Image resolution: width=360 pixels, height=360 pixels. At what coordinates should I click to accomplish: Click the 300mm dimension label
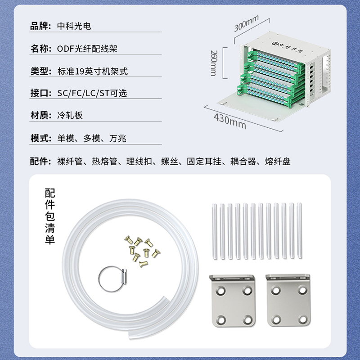(246, 23)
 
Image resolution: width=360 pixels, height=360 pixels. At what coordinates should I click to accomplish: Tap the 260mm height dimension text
(214, 63)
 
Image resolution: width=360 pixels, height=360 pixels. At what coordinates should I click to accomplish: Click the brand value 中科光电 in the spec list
(74, 26)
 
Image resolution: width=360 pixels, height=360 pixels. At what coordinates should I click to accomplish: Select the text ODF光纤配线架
(87, 49)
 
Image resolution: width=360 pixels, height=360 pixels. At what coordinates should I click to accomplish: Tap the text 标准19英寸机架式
(93, 72)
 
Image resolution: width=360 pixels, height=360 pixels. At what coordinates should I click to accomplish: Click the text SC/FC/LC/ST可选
(92, 93)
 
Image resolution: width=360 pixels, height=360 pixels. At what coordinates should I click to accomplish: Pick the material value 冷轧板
(70, 115)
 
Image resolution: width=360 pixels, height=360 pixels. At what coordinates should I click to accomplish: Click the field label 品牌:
(40, 26)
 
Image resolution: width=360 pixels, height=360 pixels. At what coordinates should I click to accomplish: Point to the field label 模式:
(41, 138)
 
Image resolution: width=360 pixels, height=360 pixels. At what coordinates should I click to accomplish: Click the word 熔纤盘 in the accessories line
(278, 162)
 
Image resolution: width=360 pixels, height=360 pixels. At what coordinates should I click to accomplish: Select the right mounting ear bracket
(288, 300)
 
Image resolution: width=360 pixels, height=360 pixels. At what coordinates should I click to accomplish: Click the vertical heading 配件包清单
(50, 216)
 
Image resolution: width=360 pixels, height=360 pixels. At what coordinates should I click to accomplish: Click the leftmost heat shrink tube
(215, 231)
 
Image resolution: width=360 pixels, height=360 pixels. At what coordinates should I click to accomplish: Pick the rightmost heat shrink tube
(299, 231)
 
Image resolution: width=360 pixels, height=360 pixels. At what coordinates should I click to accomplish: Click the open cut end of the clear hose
(165, 300)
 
